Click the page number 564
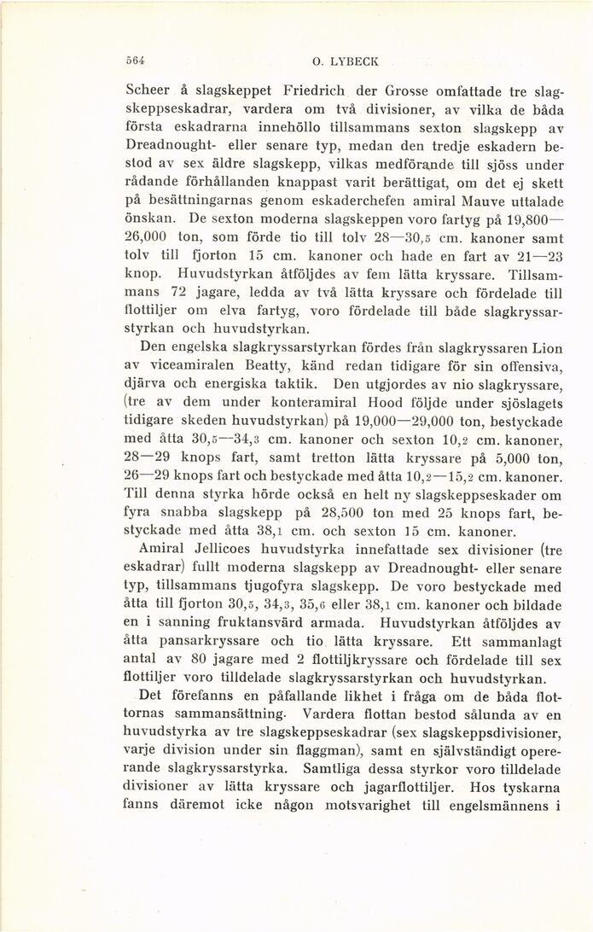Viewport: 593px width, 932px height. [133, 62]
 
